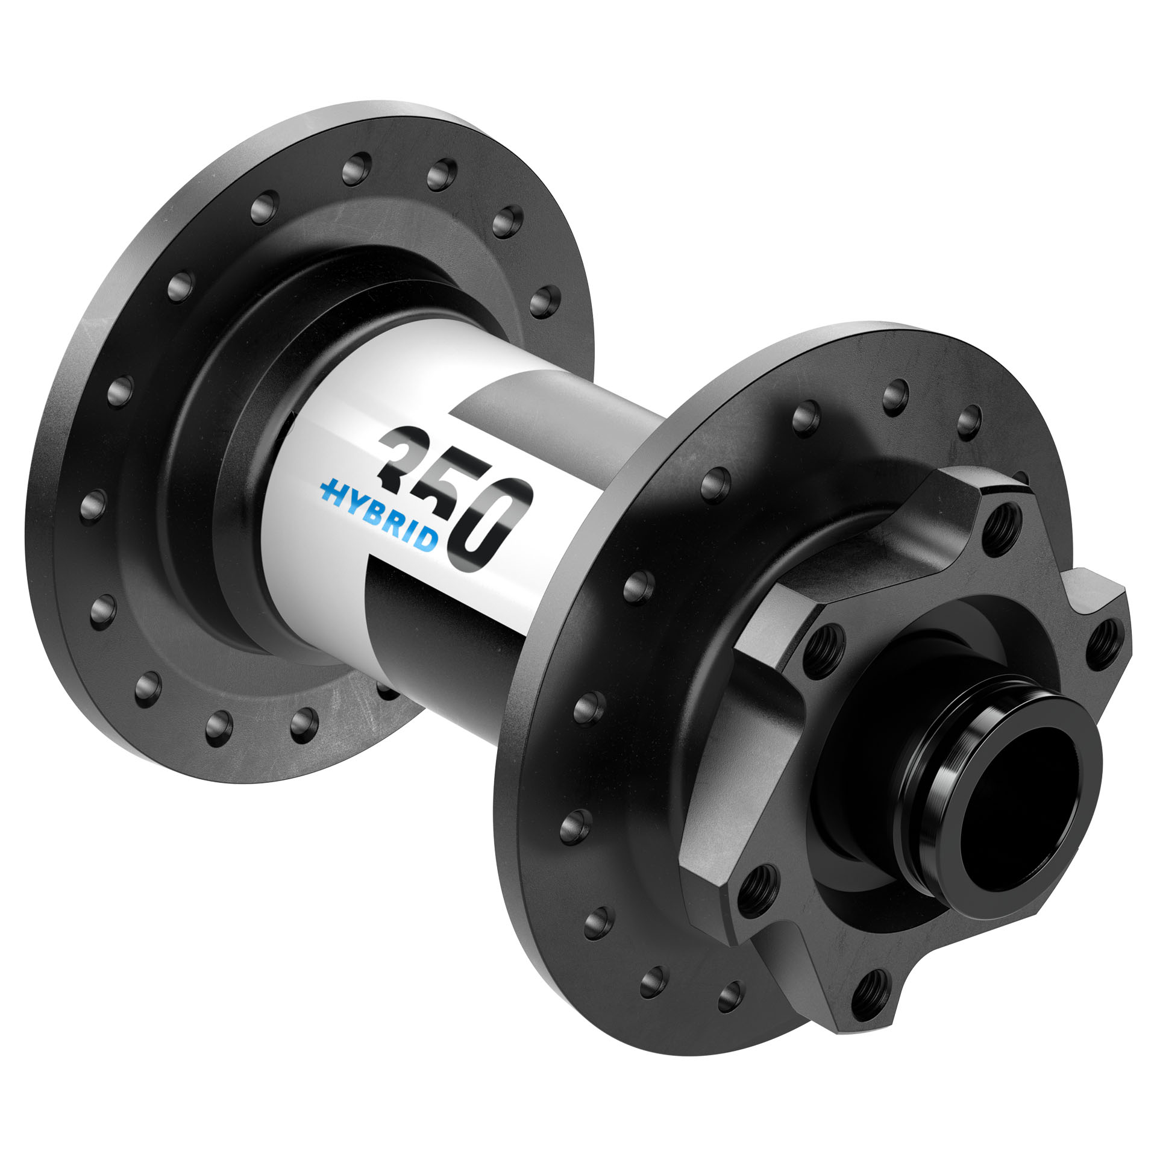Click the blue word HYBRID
(x=386, y=518)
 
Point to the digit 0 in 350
(x=494, y=530)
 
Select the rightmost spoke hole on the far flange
(x=546, y=297)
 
